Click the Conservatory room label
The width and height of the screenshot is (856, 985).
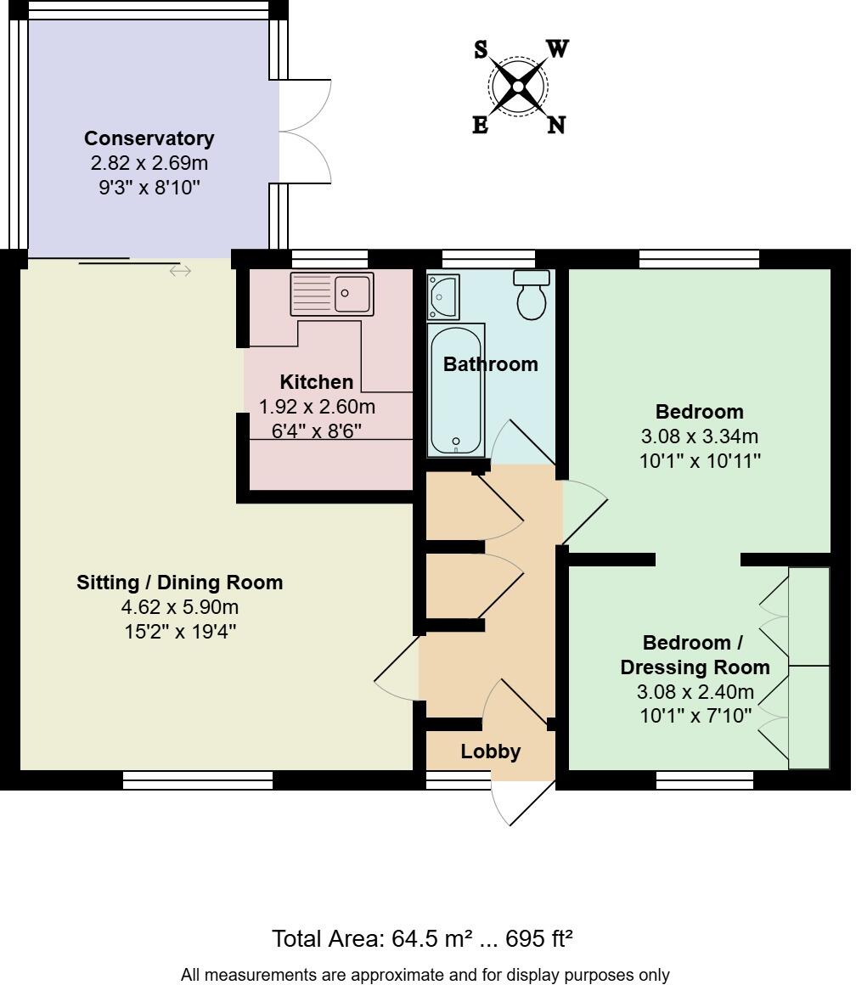(x=149, y=138)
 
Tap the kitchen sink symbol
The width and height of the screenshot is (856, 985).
(x=332, y=294)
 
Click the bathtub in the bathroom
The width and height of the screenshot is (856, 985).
(x=456, y=390)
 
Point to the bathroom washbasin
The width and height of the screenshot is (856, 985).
(x=442, y=296)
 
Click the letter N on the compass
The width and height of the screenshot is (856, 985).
(x=556, y=126)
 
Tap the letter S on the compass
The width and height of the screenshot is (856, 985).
(x=481, y=50)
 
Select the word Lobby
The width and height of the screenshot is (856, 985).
(x=490, y=751)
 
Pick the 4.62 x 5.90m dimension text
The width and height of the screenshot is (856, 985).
(x=179, y=607)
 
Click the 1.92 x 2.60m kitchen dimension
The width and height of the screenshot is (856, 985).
(x=317, y=407)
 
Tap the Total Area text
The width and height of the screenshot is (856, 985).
(x=422, y=939)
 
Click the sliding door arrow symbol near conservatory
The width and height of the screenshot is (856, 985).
(x=180, y=271)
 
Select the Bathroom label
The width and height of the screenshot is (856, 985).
(x=491, y=364)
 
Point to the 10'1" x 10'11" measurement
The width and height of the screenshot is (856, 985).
(x=700, y=461)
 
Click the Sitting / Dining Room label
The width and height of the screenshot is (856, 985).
(x=179, y=583)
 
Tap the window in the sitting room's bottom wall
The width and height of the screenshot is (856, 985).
(x=198, y=780)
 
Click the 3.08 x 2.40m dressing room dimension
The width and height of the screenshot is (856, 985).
(x=696, y=691)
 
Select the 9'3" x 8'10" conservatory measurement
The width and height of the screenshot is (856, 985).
(x=149, y=187)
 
